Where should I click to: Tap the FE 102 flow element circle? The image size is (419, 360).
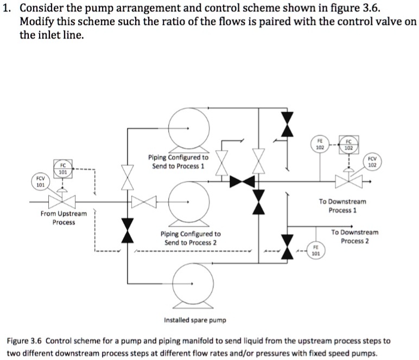(x=320, y=143)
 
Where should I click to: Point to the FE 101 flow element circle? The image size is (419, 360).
(x=315, y=250)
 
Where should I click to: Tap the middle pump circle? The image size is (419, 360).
(x=188, y=202)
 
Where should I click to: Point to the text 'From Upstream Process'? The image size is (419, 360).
(x=64, y=217)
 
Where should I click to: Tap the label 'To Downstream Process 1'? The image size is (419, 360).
(x=342, y=205)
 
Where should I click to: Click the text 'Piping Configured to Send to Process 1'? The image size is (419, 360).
(x=178, y=162)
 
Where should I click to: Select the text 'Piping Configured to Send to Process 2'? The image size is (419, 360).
(x=191, y=238)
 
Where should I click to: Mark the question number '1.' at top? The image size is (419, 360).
(x=9, y=7)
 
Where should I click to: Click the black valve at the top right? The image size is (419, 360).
(x=288, y=125)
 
